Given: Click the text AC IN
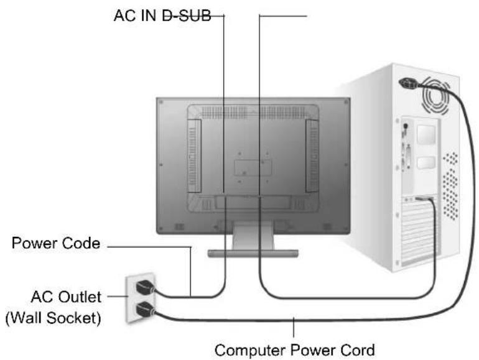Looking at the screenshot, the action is point(135,16).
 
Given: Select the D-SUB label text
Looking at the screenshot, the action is point(187,16).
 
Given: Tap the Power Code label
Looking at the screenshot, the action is point(56,243).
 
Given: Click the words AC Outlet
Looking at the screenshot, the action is point(66,297).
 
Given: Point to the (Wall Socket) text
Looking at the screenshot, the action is point(53,318).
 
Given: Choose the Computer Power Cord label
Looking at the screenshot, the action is point(294,350).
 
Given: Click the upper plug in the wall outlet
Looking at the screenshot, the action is point(145,287).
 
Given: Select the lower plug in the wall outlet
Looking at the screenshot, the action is point(145,309).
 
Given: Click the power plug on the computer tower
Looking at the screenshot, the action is point(409,83).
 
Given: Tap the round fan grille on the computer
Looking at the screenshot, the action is point(436,95).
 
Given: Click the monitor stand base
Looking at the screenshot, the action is point(253,253).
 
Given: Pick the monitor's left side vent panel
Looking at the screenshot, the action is point(194,155).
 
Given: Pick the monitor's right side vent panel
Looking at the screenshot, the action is point(312,155).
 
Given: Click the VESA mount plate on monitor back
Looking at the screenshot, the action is point(253,168).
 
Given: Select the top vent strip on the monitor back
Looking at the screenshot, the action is point(253,113).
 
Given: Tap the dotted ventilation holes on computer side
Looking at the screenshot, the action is point(451,186).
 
